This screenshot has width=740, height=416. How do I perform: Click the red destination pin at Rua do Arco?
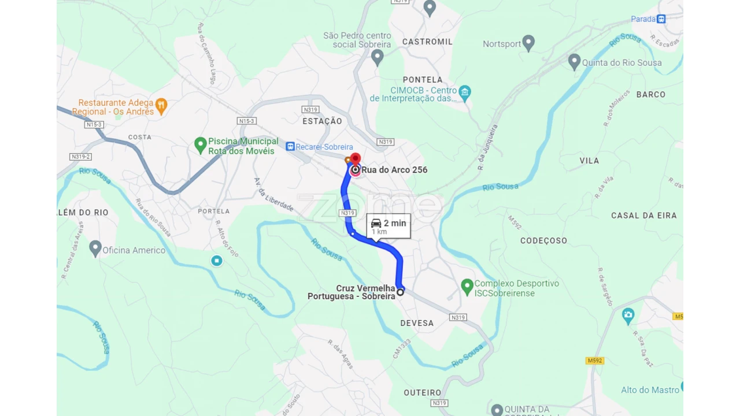(x=356, y=159)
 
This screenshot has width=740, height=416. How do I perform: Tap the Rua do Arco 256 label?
(x=394, y=170)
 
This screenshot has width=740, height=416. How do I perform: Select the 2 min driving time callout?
(x=388, y=226)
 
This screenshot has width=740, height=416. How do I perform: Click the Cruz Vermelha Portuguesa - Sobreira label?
(x=351, y=292)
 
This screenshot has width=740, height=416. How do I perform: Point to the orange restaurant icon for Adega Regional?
(x=161, y=105)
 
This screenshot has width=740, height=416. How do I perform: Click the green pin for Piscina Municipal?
(x=201, y=145)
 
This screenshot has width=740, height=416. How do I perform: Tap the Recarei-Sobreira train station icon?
(x=290, y=147)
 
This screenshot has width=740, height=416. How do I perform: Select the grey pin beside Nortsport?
(x=528, y=43)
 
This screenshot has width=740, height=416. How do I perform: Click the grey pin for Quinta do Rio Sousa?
(x=574, y=61)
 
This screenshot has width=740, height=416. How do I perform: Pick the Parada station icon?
(x=661, y=19)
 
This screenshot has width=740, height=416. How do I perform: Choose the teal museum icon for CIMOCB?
(x=465, y=92)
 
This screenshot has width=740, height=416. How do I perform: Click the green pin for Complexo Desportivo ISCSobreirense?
(x=467, y=287)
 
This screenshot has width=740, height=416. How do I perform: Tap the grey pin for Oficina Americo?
(x=96, y=248)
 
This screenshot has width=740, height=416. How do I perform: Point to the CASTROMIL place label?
(x=427, y=42)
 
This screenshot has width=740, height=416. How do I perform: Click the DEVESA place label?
(x=417, y=323)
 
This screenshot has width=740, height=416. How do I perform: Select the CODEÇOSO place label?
(x=543, y=240)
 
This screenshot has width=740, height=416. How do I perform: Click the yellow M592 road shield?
(x=594, y=361)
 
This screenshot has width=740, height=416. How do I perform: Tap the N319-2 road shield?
(x=80, y=157)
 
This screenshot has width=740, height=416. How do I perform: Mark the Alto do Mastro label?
(x=650, y=390)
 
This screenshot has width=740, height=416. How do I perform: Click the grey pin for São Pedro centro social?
(x=378, y=57)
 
